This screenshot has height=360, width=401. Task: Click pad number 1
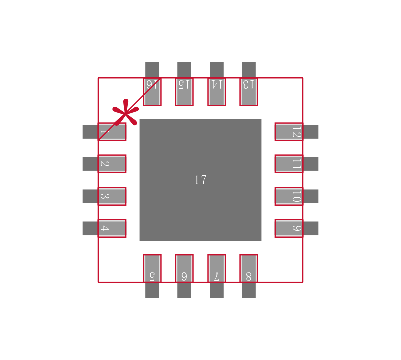pos(111,132)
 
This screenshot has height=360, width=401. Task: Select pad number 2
pos(111,164)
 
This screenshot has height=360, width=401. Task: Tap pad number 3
pos(111,196)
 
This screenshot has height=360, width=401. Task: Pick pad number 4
pos(111,228)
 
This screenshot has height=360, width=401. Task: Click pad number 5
pos(152,269)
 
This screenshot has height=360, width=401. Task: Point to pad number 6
pos(184,269)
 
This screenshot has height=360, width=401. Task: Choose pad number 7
pos(217,269)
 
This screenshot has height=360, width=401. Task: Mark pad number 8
pos(249,269)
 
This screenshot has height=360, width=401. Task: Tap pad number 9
pos(289,228)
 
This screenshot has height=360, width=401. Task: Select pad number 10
pos(289,196)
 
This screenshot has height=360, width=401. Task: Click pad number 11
pos(289,164)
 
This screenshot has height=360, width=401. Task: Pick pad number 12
pos(289,132)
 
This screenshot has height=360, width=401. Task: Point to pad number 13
pos(249,91)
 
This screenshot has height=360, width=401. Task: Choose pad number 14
pos(217,91)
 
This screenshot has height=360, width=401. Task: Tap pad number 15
pos(184,91)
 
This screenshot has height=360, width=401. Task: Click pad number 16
pos(152,91)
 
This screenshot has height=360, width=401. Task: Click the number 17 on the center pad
pos(200,181)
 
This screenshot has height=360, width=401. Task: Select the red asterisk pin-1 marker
pos(125,113)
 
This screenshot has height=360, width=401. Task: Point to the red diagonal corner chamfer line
pos(143,95)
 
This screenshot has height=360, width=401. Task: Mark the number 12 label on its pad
pos(296,132)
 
